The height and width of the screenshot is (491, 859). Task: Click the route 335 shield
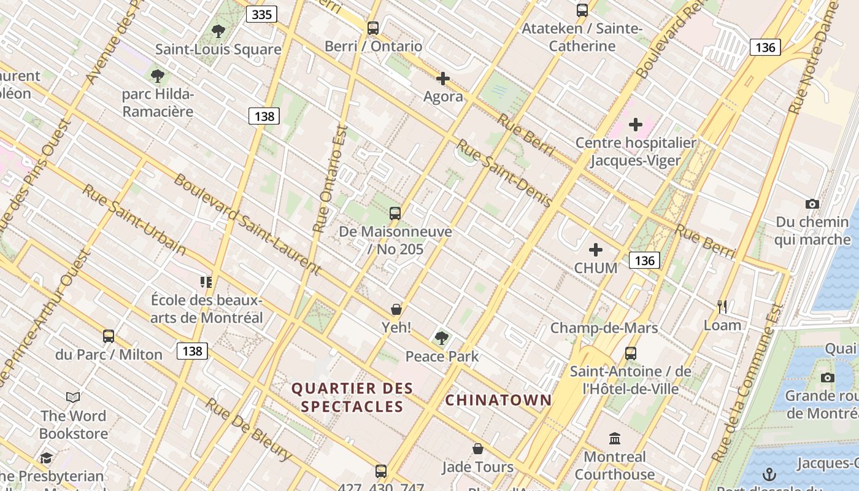[261, 14]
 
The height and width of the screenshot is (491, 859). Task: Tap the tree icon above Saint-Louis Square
[218, 31]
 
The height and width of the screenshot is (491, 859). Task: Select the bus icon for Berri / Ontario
[373, 28]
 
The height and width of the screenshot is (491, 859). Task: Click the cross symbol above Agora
[443, 79]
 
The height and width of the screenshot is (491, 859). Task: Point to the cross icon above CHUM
[596, 250]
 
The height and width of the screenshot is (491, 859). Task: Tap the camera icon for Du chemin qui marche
[812, 204]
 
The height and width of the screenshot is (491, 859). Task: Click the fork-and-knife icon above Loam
[722, 306]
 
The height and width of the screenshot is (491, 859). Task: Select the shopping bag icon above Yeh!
[396, 309]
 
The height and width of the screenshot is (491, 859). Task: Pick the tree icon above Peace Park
[441, 338]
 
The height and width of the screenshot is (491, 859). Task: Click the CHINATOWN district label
[498, 400]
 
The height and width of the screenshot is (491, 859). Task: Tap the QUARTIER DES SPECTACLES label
[352, 397]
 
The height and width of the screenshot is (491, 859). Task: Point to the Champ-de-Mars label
[604, 328]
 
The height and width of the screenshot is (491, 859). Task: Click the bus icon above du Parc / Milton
[109, 336]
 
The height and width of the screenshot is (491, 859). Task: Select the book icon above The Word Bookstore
[74, 397]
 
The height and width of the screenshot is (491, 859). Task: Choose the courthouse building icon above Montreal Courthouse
[615, 438]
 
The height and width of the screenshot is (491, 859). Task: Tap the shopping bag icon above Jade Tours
[478, 449]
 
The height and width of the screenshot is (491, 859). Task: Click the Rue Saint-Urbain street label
[134, 220]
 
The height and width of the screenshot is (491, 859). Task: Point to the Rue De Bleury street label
[248, 430]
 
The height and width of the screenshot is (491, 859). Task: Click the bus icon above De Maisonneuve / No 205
[395, 214]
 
